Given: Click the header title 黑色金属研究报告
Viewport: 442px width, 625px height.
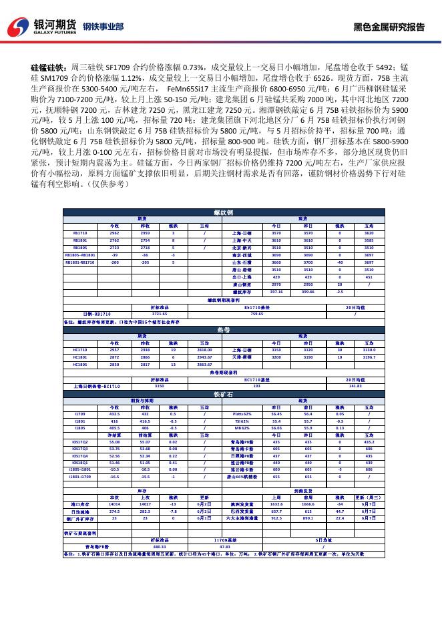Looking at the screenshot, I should pyautogui.click(x=389, y=27).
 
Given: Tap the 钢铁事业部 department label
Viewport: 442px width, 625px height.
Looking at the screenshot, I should pyautogui.click(x=103, y=27).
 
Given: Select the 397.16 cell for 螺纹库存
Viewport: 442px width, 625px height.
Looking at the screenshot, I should pyautogui.click(x=276, y=292).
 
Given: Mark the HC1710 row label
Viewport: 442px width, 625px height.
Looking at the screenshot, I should pyautogui.click(x=79, y=349).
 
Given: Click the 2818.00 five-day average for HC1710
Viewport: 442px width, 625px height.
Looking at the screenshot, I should pyautogui.click(x=204, y=349).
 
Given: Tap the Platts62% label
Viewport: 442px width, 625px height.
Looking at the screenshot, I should pyautogui.click(x=241, y=414).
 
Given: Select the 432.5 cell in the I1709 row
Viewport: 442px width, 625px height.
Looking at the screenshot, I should pyautogui.click(x=114, y=414).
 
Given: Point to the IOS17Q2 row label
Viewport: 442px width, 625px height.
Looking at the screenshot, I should pyautogui.click(x=79, y=442).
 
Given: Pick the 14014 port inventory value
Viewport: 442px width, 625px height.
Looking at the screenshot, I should pyautogui.click(x=114, y=505).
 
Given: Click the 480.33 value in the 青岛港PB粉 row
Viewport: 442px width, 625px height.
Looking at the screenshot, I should pyautogui.click(x=160, y=546).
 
